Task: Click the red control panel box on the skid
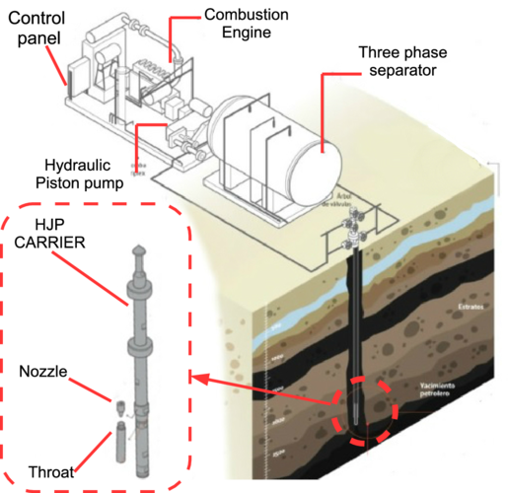point(71,72)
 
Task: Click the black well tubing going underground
point(356,316)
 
